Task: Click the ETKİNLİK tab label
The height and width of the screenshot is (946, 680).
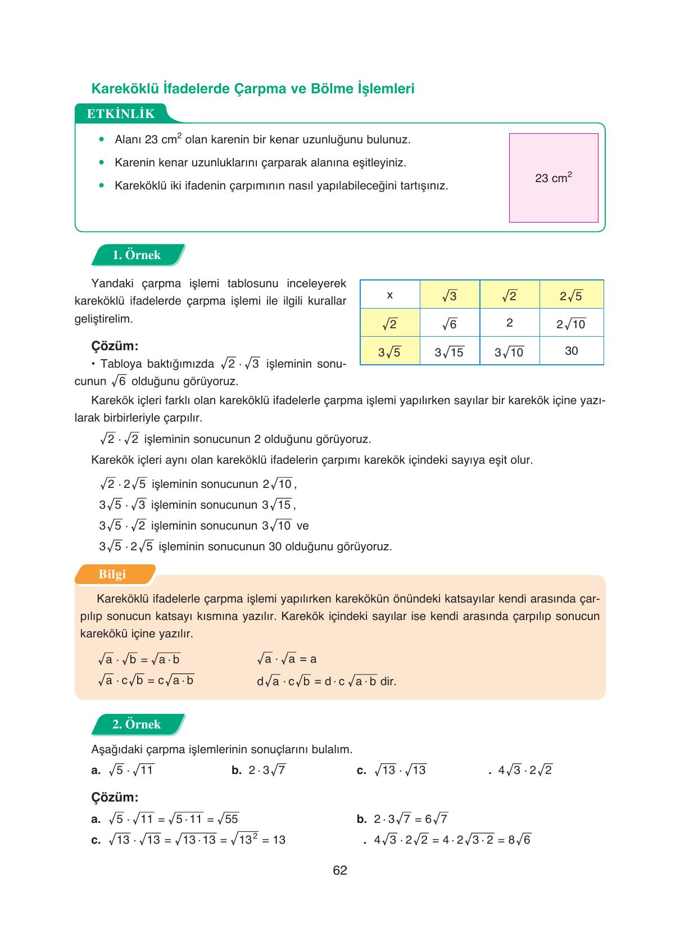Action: [x=120, y=114]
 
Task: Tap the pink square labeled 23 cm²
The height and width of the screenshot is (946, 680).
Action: [x=554, y=178]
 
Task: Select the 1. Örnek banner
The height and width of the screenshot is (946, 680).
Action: [x=137, y=255]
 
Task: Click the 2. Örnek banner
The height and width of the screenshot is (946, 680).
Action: [x=137, y=725]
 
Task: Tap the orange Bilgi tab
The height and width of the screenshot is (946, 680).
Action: [x=112, y=574]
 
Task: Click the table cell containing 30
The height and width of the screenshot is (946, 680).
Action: [x=571, y=351]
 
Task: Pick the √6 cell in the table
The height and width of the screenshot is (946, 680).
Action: [x=450, y=324]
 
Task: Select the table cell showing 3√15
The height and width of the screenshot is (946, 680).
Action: [x=450, y=352]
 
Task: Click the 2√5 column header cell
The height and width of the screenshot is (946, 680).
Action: [x=571, y=295]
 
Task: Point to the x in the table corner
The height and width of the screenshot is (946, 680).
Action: [x=390, y=295]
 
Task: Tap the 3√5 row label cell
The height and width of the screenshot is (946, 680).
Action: [x=389, y=352]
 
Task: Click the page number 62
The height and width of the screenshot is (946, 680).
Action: [x=340, y=871]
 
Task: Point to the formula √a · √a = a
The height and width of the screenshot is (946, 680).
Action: [x=287, y=659]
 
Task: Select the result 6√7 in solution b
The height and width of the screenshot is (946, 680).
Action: [x=436, y=819]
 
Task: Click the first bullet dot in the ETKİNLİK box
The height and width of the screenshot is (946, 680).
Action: [x=102, y=139]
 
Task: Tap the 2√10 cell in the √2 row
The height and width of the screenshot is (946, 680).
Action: [x=571, y=324]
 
